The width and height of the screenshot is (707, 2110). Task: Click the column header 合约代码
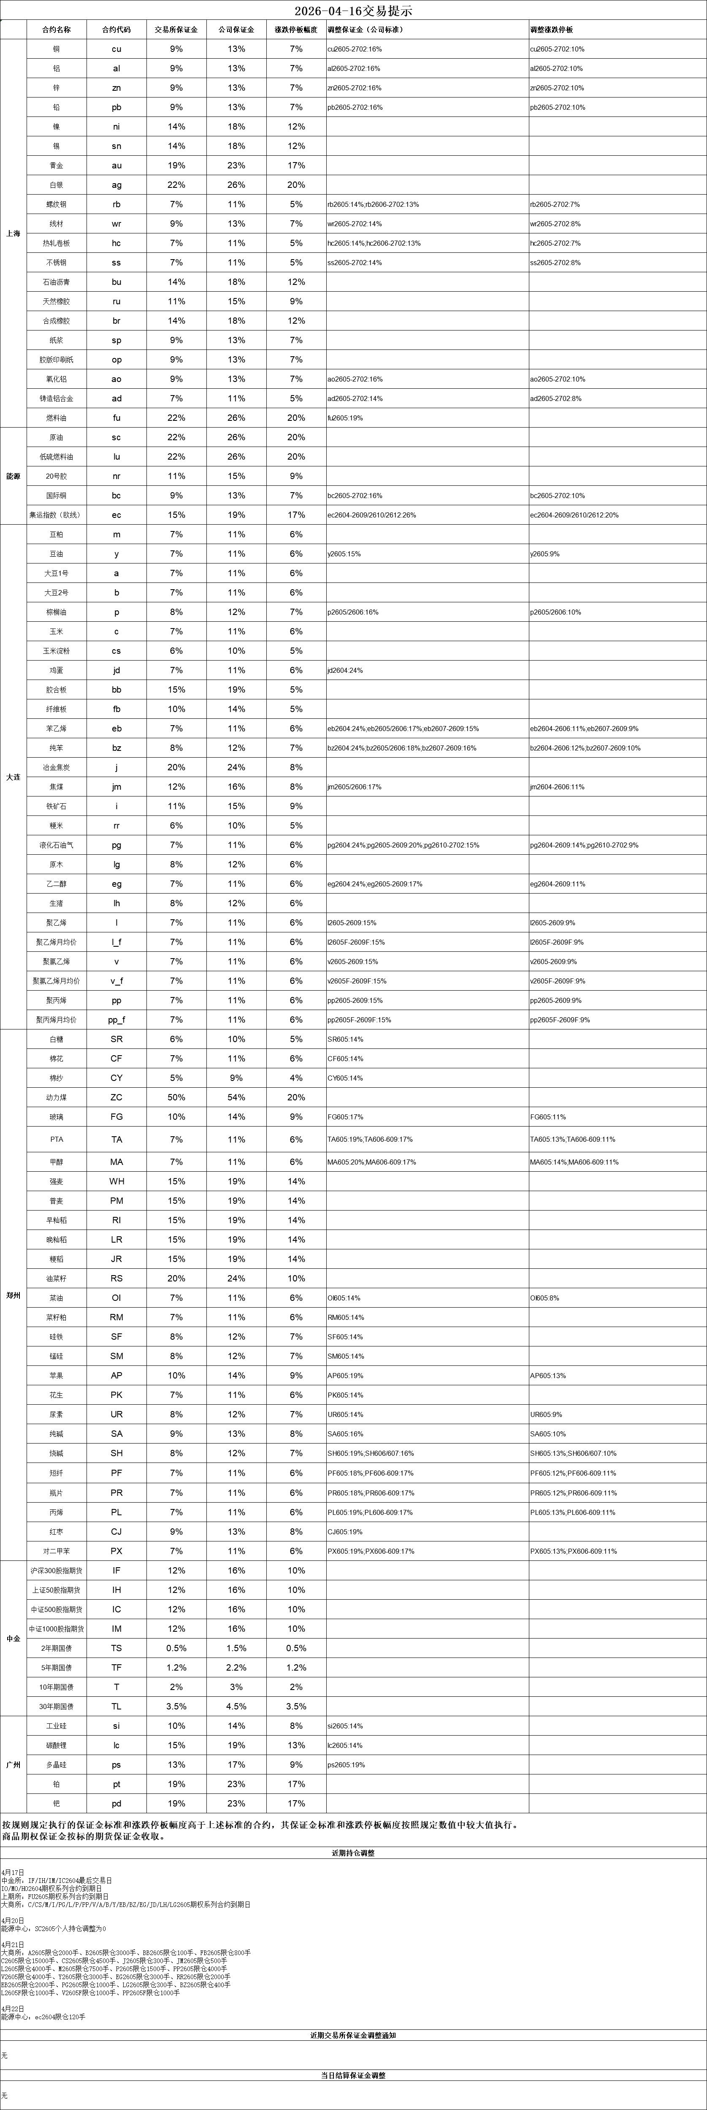click(116, 30)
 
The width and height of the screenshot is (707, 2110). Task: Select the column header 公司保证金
click(236, 30)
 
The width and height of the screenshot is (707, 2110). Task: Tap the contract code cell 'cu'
click(116, 49)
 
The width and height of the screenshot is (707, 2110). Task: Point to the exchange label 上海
click(13, 233)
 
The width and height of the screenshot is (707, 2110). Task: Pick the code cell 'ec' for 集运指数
click(116, 515)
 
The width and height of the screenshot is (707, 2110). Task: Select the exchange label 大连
click(13, 777)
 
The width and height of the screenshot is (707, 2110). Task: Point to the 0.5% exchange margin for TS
click(176, 1648)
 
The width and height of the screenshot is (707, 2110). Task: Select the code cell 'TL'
click(116, 1706)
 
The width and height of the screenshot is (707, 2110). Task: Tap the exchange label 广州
click(13, 1764)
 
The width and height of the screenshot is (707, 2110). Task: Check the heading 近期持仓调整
click(353, 1852)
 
